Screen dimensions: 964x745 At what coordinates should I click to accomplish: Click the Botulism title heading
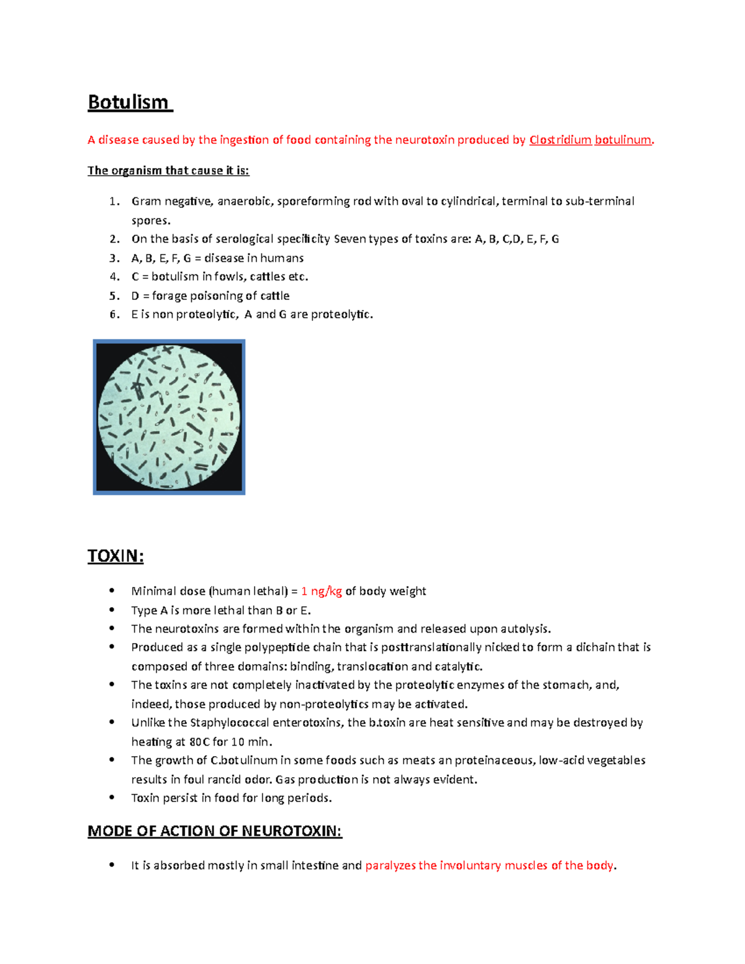pos(128,102)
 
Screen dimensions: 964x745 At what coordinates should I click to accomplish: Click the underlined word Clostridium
pos(560,140)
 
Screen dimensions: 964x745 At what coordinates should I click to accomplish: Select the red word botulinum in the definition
pos(623,140)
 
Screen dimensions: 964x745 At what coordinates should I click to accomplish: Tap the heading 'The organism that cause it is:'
pos(168,171)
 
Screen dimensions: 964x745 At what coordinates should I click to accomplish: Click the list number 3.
pos(114,258)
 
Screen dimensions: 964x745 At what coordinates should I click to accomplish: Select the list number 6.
pos(114,315)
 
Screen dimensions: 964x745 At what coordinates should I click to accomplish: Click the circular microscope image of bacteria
pos(169,417)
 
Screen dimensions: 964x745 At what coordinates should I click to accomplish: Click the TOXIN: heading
pos(115,556)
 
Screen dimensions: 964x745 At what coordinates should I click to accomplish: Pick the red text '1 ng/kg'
pos(322,592)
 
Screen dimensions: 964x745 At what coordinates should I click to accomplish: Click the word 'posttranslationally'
pos(431,647)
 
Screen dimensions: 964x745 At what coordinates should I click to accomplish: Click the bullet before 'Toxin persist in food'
pos(112,797)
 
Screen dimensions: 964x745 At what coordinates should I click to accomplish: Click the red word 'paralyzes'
pos(390,865)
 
